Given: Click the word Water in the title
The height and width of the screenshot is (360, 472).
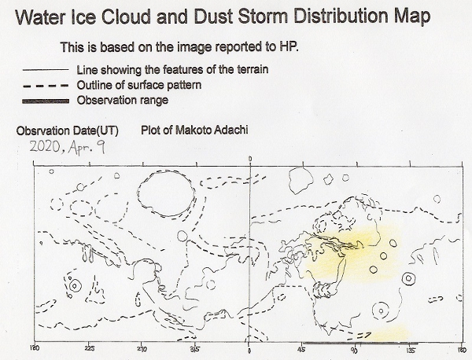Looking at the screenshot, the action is pyautogui.click(x=40, y=17).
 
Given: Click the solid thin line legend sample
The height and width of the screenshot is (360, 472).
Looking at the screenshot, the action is pyautogui.click(x=46, y=70).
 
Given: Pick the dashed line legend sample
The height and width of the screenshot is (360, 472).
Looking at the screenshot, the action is pyautogui.click(x=46, y=86).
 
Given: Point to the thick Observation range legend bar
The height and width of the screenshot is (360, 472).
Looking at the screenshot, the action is pyautogui.click(x=46, y=101).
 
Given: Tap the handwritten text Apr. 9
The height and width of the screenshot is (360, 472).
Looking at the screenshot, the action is pyautogui.click(x=87, y=148).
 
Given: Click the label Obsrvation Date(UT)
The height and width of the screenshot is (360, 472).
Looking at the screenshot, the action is pyautogui.click(x=67, y=130).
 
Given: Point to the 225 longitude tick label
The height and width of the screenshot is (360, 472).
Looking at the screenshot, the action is pyautogui.click(x=89, y=348).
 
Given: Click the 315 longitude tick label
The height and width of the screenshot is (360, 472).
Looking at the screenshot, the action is pyautogui.click(x=195, y=349).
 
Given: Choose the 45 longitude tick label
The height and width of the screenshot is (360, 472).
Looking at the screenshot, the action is pyautogui.click(x=301, y=350).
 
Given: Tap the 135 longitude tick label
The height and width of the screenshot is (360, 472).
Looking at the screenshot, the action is pyautogui.click(x=411, y=350).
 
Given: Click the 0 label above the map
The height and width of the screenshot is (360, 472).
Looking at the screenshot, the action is pyautogui.click(x=250, y=159).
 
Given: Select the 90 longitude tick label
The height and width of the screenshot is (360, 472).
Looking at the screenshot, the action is pyautogui.click(x=355, y=350).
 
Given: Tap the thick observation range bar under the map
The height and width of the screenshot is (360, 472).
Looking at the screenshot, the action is pyautogui.click(x=360, y=343).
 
